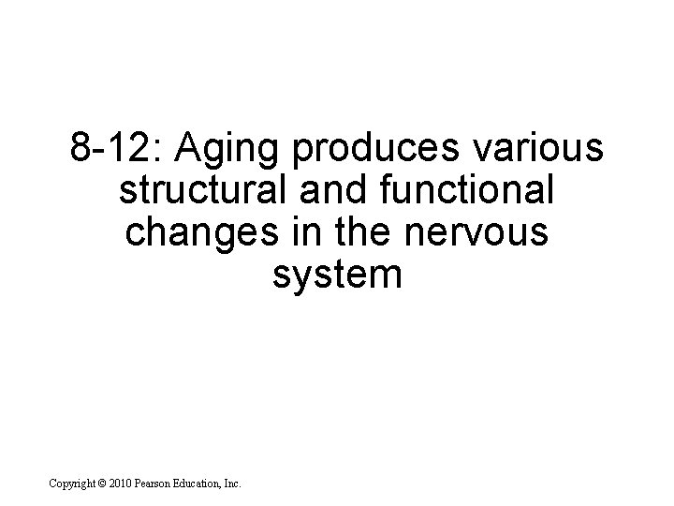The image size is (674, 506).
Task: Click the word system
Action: [x=337, y=276]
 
